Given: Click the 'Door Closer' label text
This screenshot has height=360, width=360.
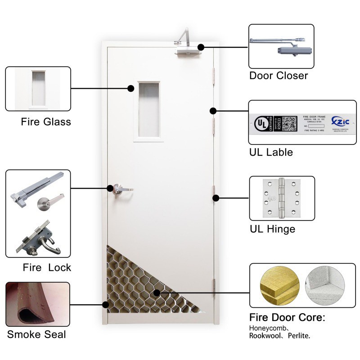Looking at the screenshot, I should (x=279, y=75).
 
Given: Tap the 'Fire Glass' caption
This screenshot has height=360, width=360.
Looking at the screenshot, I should (x=46, y=121).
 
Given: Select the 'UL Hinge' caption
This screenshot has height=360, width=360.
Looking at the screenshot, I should (x=272, y=229).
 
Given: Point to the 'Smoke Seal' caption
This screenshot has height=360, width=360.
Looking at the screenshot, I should (x=36, y=334).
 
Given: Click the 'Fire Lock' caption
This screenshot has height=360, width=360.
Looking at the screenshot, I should (x=47, y=267).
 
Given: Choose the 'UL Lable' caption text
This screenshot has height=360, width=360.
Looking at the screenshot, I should (x=271, y=152).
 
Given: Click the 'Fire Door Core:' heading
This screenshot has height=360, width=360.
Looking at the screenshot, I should (x=287, y=318).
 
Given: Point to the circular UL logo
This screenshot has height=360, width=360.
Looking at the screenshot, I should (x=261, y=123).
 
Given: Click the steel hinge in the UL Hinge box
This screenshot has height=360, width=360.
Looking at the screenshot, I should (x=282, y=198).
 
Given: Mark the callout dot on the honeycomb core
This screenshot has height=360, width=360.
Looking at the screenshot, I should (x=157, y=293).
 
